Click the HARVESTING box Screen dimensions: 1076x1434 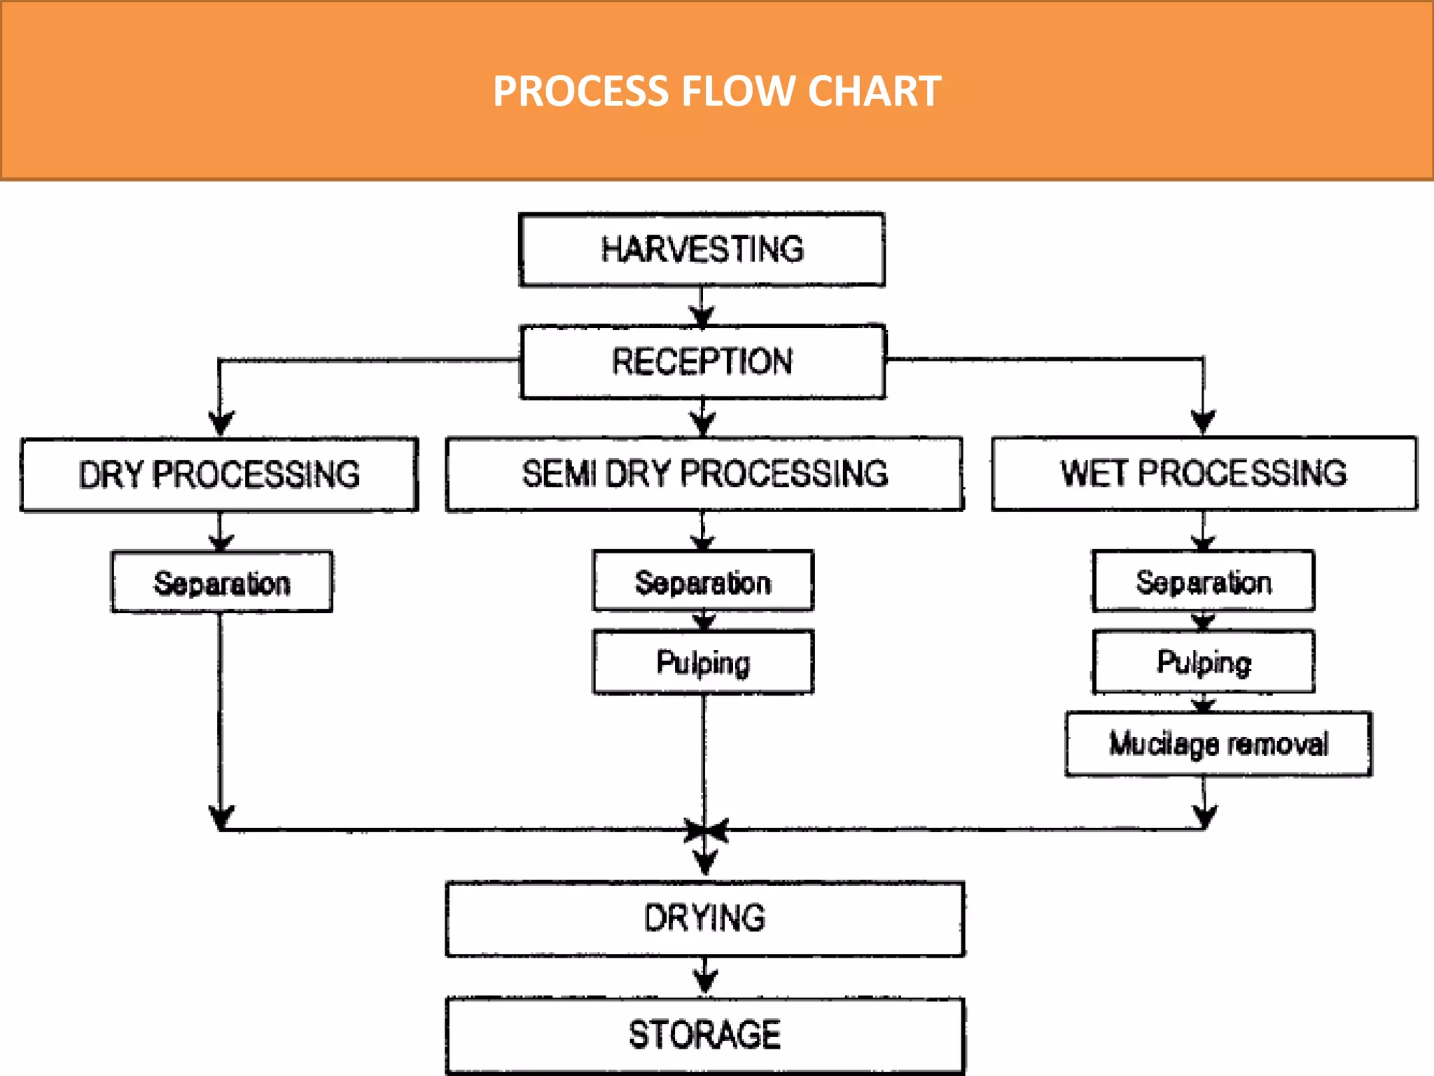(x=702, y=249)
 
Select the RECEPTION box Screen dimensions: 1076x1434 (x=702, y=361)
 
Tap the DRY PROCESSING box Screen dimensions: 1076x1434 (x=219, y=475)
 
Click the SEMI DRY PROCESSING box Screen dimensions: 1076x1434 (x=704, y=474)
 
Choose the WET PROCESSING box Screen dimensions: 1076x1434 (x=1204, y=474)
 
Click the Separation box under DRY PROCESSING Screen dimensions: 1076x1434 (x=221, y=582)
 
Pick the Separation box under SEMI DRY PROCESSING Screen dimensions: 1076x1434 (x=703, y=581)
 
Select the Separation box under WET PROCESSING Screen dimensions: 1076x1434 (x=1203, y=581)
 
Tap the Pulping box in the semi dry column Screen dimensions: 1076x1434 (x=703, y=662)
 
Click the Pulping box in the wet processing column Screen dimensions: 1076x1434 (x=1203, y=662)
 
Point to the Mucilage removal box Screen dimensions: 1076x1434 (x=1218, y=744)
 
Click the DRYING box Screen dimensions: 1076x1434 (x=704, y=918)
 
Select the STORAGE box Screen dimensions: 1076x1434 (x=704, y=1035)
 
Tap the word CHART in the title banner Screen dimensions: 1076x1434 (x=875, y=91)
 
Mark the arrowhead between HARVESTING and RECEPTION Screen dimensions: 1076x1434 (x=702, y=315)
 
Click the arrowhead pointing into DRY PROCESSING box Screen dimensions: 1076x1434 (x=221, y=423)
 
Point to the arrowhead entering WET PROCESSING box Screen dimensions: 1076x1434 (x=1203, y=422)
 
